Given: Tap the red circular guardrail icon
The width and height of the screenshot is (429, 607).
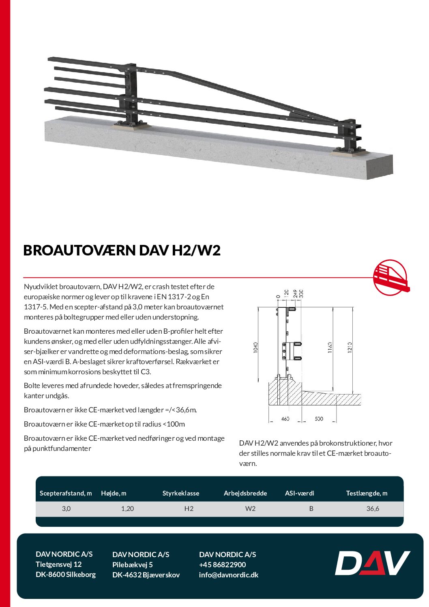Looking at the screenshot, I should pyautogui.click(x=390, y=278).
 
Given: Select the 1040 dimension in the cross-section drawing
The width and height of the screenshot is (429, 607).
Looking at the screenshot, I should pyautogui.click(x=256, y=347).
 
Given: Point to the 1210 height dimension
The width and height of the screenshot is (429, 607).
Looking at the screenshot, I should pyautogui.click(x=350, y=347).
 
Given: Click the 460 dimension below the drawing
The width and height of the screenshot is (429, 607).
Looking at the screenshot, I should pyautogui.click(x=285, y=418).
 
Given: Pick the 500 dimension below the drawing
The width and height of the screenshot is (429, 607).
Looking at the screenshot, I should pyautogui.click(x=319, y=418).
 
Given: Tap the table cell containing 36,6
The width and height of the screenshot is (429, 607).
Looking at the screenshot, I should pyautogui.click(x=373, y=508).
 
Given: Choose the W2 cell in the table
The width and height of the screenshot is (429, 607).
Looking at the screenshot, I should pyautogui.click(x=250, y=508).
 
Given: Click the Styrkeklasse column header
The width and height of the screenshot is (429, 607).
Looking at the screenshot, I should pyautogui.click(x=181, y=493).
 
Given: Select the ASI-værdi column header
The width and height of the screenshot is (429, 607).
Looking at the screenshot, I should pyautogui.click(x=300, y=493).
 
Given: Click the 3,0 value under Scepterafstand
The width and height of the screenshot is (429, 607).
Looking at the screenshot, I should pyautogui.click(x=66, y=508).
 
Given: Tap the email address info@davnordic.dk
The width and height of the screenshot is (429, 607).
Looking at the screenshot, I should pyautogui.click(x=229, y=575).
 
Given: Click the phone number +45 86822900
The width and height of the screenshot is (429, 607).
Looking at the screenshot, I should pyautogui.click(x=223, y=564).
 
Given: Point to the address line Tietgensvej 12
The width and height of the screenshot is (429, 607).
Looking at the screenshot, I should pyautogui.click(x=59, y=564).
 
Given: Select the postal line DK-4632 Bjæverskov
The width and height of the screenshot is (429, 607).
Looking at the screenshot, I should pyautogui.click(x=146, y=575).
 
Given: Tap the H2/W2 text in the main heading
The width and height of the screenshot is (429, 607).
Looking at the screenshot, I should pyautogui.click(x=196, y=250).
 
